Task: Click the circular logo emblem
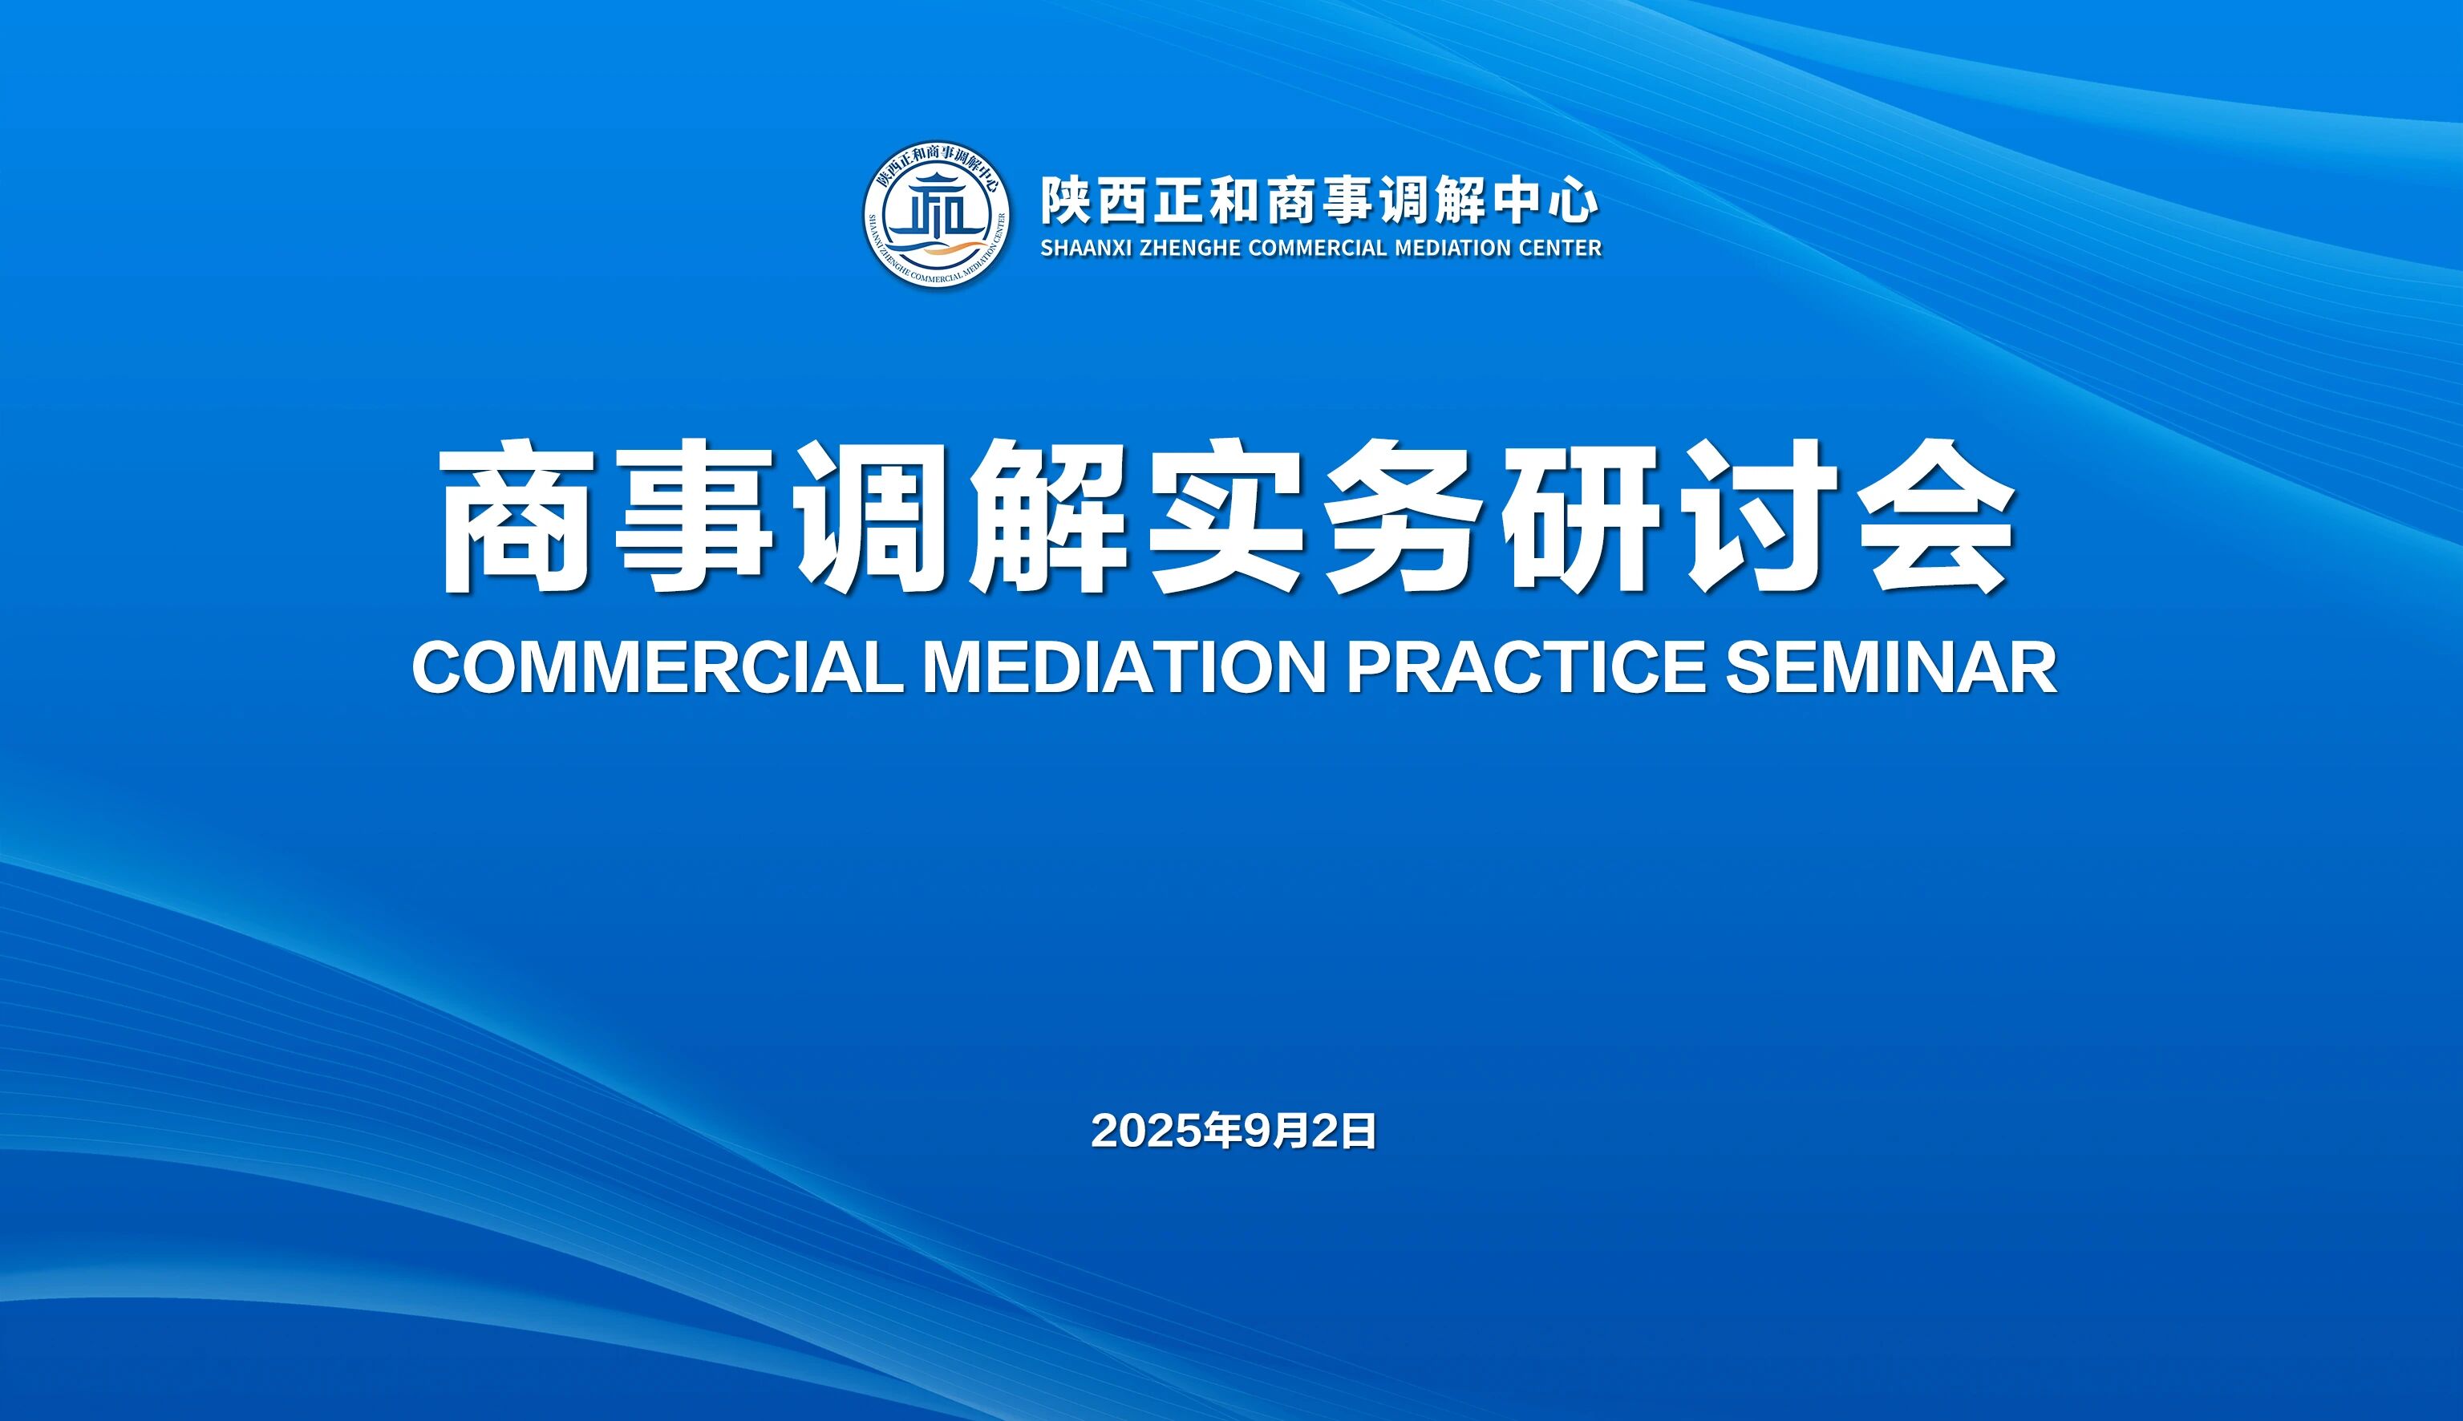coord(936,214)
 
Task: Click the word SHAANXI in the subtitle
coord(1086,248)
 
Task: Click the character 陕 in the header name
coord(1063,202)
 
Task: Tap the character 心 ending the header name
coord(1573,202)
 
